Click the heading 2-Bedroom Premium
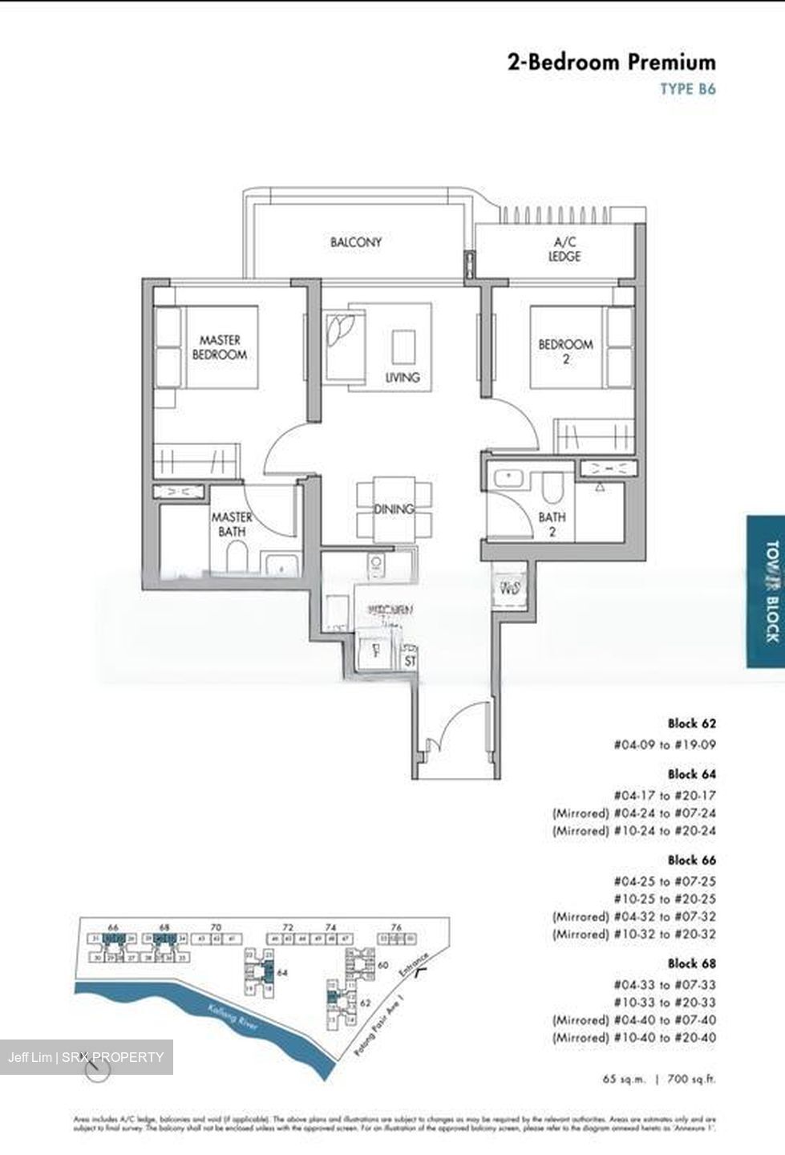[x=611, y=63]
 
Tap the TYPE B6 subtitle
[x=687, y=89]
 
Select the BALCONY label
[x=356, y=241]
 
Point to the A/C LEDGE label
[x=564, y=249]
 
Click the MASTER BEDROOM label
[x=219, y=347]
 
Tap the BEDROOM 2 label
[x=565, y=351]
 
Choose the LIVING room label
[x=403, y=377]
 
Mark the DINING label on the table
[x=393, y=509]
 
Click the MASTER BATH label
[x=232, y=524]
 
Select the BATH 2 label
[x=552, y=525]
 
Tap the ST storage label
[x=411, y=639]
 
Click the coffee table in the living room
[x=403, y=348]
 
